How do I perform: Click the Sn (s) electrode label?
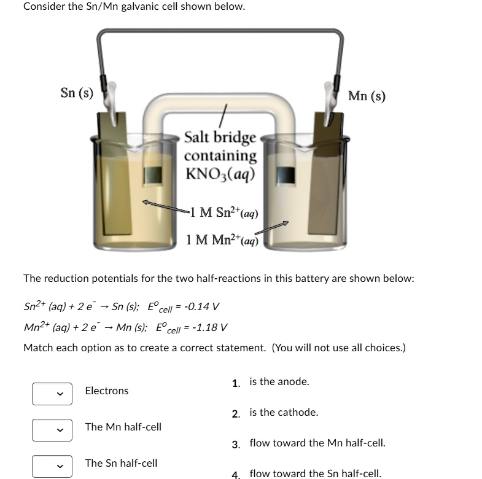pos(77,93)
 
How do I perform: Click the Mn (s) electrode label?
pos(367,96)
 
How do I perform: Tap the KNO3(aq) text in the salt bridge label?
pos(220,174)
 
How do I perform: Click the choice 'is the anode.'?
pos(279,382)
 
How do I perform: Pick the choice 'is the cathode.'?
pos(283,413)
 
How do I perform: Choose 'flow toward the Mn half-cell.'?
pos(317,443)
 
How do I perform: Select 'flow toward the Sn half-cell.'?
pos(315,473)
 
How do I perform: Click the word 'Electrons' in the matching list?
pos(107,391)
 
